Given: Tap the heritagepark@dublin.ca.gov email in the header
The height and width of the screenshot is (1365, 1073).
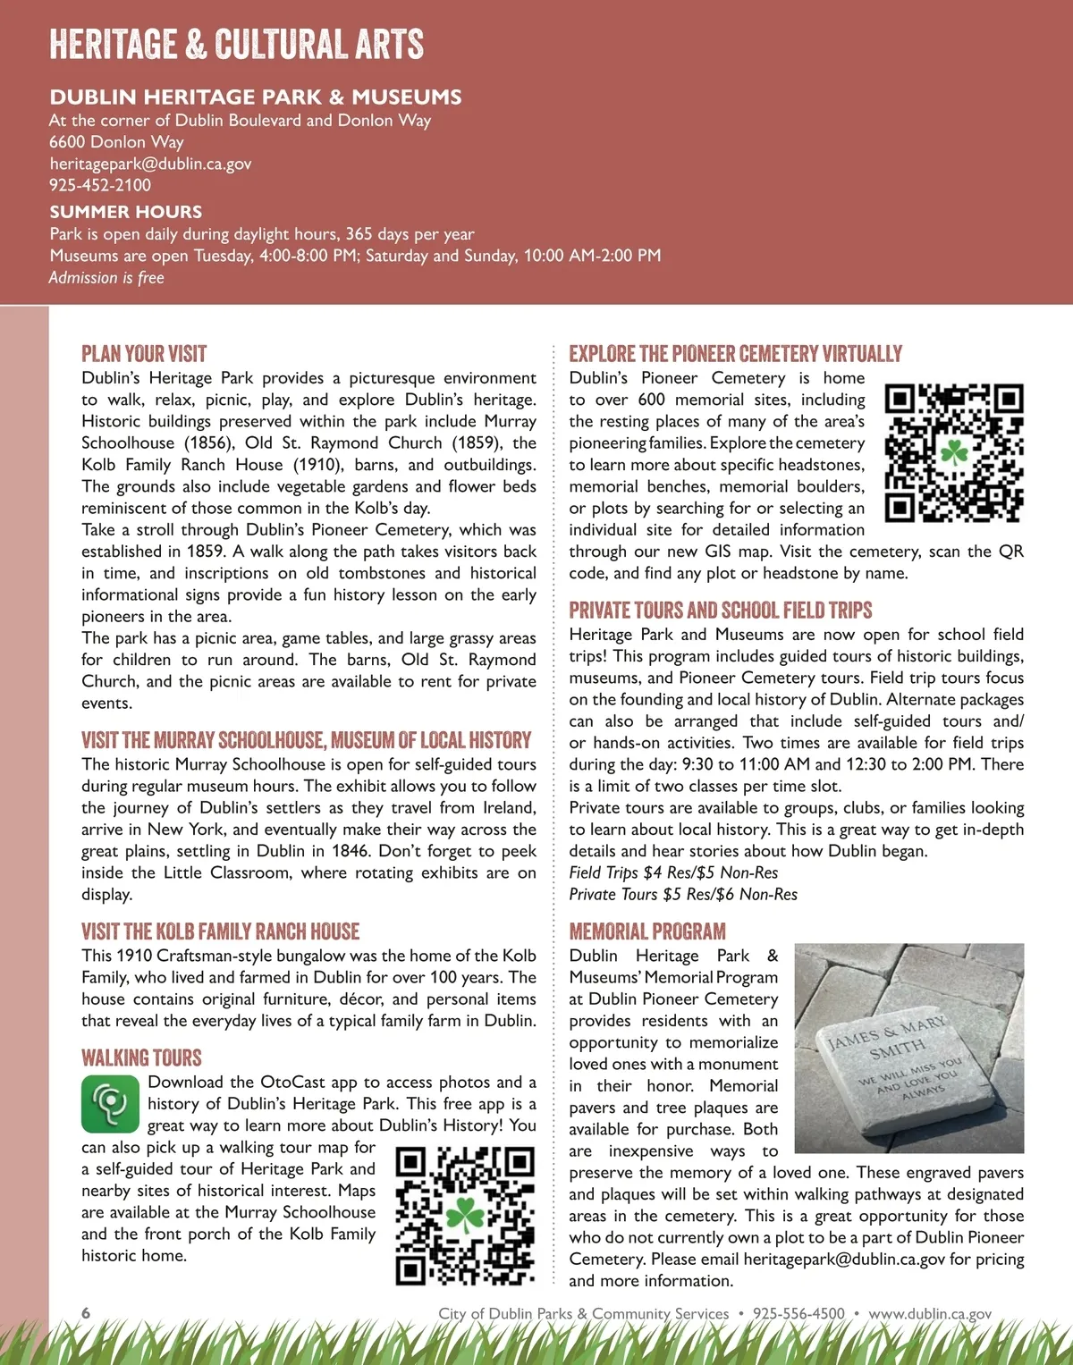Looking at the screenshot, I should click(150, 164).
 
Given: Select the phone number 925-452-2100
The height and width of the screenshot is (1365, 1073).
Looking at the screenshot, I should click(100, 185).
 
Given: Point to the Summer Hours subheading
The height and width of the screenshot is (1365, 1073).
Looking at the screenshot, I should click(126, 212).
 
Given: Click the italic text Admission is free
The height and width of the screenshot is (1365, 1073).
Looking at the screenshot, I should click(106, 278).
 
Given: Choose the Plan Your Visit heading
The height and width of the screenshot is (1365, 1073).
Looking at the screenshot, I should click(144, 354).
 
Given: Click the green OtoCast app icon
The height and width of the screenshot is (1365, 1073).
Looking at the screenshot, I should click(110, 1104).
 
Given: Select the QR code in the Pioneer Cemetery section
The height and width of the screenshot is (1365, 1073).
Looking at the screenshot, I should click(954, 452).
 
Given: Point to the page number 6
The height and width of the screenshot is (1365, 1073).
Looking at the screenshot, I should click(86, 1313).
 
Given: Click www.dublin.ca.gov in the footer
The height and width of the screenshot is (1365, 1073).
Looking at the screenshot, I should click(930, 1314).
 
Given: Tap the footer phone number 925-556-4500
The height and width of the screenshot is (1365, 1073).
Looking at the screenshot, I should click(798, 1314).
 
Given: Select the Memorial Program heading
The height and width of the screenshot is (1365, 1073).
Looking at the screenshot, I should click(647, 931).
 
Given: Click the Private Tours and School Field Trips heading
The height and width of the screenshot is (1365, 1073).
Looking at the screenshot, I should click(721, 611).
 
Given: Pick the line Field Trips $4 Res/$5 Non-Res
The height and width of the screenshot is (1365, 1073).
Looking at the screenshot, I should click(673, 872).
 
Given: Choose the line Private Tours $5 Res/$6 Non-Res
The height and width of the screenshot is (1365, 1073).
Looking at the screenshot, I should click(683, 895).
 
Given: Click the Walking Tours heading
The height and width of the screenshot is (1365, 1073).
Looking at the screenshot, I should click(141, 1058).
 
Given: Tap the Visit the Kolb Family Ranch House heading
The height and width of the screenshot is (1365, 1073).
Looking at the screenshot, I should click(220, 931).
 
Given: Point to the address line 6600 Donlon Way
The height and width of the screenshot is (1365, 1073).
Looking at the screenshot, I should click(116, 142).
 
